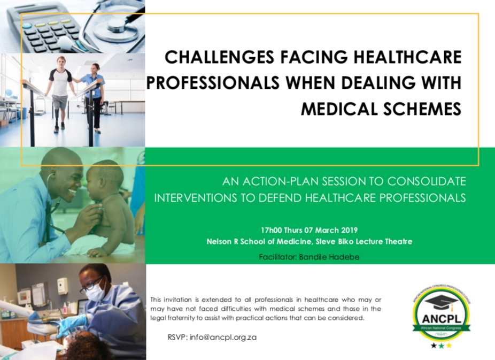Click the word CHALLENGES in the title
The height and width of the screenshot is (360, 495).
tap(219, 57)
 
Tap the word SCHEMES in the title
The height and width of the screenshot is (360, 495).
tap(422, 109)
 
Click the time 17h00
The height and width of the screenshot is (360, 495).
tap(271, 230)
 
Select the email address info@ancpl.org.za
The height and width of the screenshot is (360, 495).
tap(223, 337)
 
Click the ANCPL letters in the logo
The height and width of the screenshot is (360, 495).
tap(442, 318)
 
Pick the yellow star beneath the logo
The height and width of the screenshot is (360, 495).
tap(448, 346)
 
